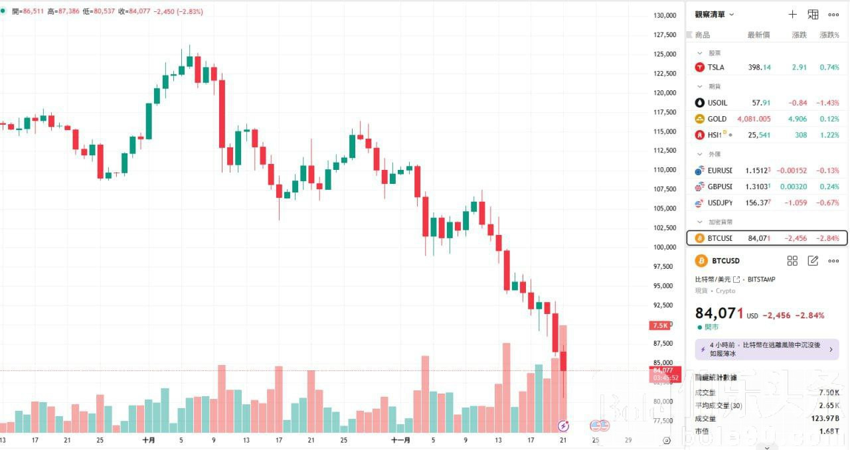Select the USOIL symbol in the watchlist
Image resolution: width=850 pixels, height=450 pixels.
(x=717, y=103)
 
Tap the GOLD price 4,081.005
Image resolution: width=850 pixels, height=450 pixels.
(x=754, y=119)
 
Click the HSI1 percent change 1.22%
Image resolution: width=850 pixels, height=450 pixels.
(x=829, y=135)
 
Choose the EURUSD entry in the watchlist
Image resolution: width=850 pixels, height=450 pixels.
(x=720, y=171)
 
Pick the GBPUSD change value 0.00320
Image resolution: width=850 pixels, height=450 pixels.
(x=794, y=187)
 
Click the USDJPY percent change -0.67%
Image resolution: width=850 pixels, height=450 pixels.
(x=829, y=202)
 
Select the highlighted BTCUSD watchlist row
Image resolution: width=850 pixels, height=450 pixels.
(x=767, y=238)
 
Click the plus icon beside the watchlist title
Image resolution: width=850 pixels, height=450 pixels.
(x=792, y=15)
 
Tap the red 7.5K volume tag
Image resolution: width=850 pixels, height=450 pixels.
(x=661, y=325)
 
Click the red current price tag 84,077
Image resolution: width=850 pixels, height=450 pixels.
(x=663, y=370)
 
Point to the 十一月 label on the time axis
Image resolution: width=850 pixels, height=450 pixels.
(x=400, y=440)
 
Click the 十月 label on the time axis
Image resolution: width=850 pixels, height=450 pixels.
(x=149, y=440)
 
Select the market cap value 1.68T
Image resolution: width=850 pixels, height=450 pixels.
(x=830, y=431)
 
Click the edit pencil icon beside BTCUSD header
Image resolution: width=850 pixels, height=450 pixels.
(x=813, y=261)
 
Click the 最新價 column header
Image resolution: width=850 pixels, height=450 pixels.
(x=758, y=35)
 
